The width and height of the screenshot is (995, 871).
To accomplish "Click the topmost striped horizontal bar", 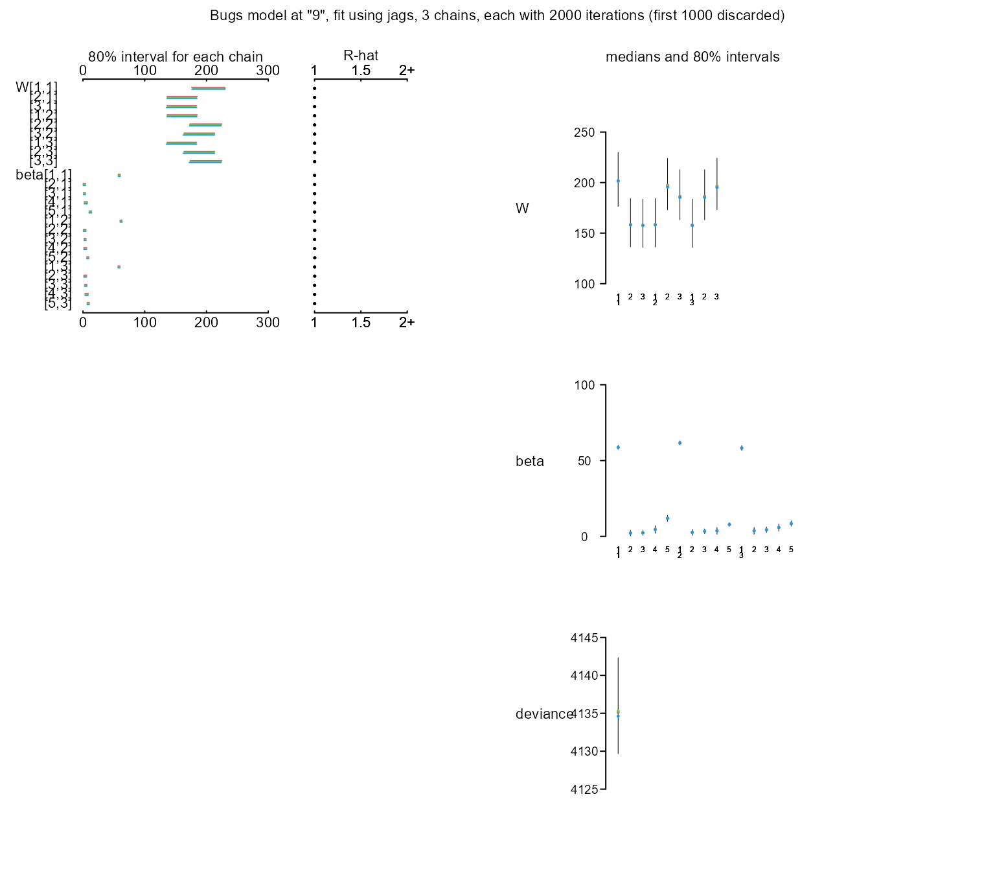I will point(208,88).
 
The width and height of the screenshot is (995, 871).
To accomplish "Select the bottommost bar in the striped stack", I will point(205,161).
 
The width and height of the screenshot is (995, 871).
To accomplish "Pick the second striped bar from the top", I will point(182,97).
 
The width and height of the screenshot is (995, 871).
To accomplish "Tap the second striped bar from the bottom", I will point(199,152).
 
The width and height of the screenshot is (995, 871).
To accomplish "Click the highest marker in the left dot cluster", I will point(119,175).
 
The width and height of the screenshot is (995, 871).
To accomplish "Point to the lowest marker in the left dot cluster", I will point(88,303).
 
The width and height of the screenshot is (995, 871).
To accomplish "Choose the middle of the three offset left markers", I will point(121,221).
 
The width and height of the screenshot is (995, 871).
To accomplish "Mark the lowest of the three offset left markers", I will point(119,267).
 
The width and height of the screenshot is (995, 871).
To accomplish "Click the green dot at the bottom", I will point(618,712).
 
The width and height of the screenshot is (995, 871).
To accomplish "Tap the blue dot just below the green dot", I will point(618,716).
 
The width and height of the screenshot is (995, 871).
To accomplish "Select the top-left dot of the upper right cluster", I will point(618,181).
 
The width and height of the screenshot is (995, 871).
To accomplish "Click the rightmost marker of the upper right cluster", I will point(717,187).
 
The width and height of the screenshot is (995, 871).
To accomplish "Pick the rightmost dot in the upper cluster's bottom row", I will point(692,226).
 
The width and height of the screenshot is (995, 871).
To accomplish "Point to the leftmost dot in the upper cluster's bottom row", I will point(630,225).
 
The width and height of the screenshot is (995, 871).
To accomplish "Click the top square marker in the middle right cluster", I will point(680,443).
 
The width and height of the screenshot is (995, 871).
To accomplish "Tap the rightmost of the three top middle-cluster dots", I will point(742,448).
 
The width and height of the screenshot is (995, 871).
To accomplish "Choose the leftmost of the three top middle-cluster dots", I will point(618,447).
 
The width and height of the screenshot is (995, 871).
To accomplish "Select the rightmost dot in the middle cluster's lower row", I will point(791,524).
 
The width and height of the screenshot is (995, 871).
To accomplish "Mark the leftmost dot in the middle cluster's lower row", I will point(630,533).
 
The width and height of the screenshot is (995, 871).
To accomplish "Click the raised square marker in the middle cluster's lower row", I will point(667,518).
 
